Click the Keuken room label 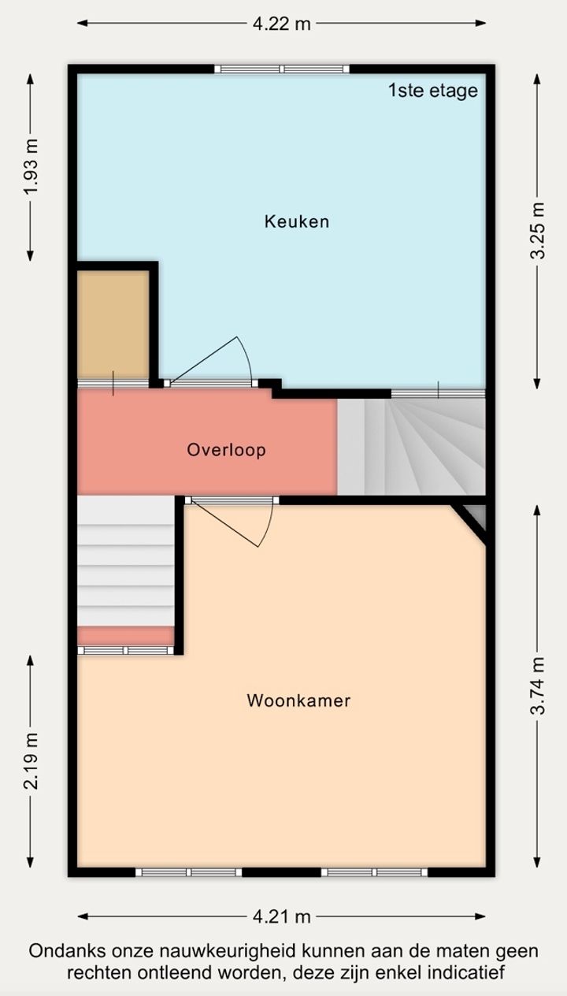tap(297, 221)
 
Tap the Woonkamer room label tap(298, 701)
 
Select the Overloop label tap(227, 450)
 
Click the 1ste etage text tap(433, 91)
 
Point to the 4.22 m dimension tap(282, 24)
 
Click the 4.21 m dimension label tap(282, 917)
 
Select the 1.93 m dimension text tap(31, 167)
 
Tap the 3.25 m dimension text tap(537, 231)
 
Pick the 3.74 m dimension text tap(537, 686)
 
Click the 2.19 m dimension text tap(31, 760)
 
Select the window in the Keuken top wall tap(282, 69)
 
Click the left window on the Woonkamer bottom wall tap(188, 872)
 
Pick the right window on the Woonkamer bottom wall tap(374, 872)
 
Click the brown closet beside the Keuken tap(113, 325)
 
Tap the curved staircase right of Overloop tap(411, 447)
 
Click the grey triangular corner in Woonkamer tap(476, 515)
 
